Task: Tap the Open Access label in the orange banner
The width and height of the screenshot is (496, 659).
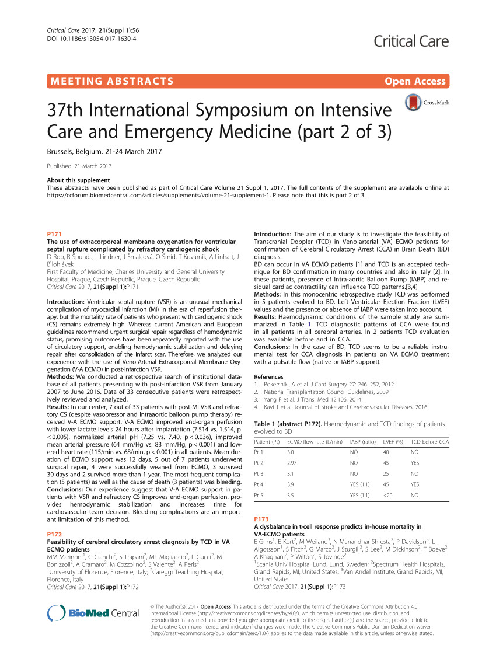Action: tap(415, 81)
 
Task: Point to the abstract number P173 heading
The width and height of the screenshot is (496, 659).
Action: tap(262, 518)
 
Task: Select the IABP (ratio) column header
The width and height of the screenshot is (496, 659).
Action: tap(362, 442)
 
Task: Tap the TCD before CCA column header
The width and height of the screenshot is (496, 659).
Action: tap(429, 442)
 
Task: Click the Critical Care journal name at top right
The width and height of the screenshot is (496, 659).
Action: tap(411, 41)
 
